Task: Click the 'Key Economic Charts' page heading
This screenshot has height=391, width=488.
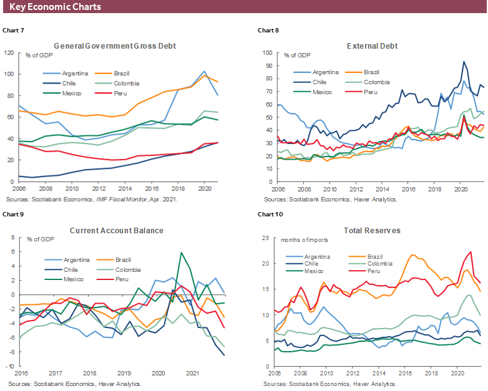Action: tap(56, 7)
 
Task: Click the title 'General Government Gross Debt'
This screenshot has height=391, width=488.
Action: tap(115, 46)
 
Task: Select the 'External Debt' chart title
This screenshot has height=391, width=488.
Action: tap(372, 46)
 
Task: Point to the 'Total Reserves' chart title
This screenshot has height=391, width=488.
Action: tap(374, 231)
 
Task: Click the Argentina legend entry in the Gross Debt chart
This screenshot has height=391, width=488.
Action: tap(73, 74)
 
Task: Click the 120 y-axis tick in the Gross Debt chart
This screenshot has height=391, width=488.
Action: tap(9, 53)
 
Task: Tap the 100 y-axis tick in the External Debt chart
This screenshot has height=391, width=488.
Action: tap(268, 53)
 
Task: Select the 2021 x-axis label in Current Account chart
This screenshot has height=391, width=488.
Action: tap(192, 374)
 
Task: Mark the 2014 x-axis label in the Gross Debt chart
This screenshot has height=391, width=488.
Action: tap(126, 189)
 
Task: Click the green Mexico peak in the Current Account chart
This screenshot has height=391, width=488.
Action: tap(181, 253)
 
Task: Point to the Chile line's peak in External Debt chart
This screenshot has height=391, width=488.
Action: tap(464, 61)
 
